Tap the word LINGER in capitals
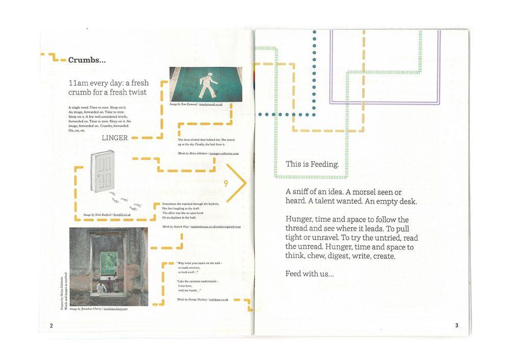pos(114,138)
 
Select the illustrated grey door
pos(102,172)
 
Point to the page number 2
pos(51,325)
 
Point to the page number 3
pos(457,325)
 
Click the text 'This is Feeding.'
pos(312,164)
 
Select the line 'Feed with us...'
pos(310,274)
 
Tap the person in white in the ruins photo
pos(101,288)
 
